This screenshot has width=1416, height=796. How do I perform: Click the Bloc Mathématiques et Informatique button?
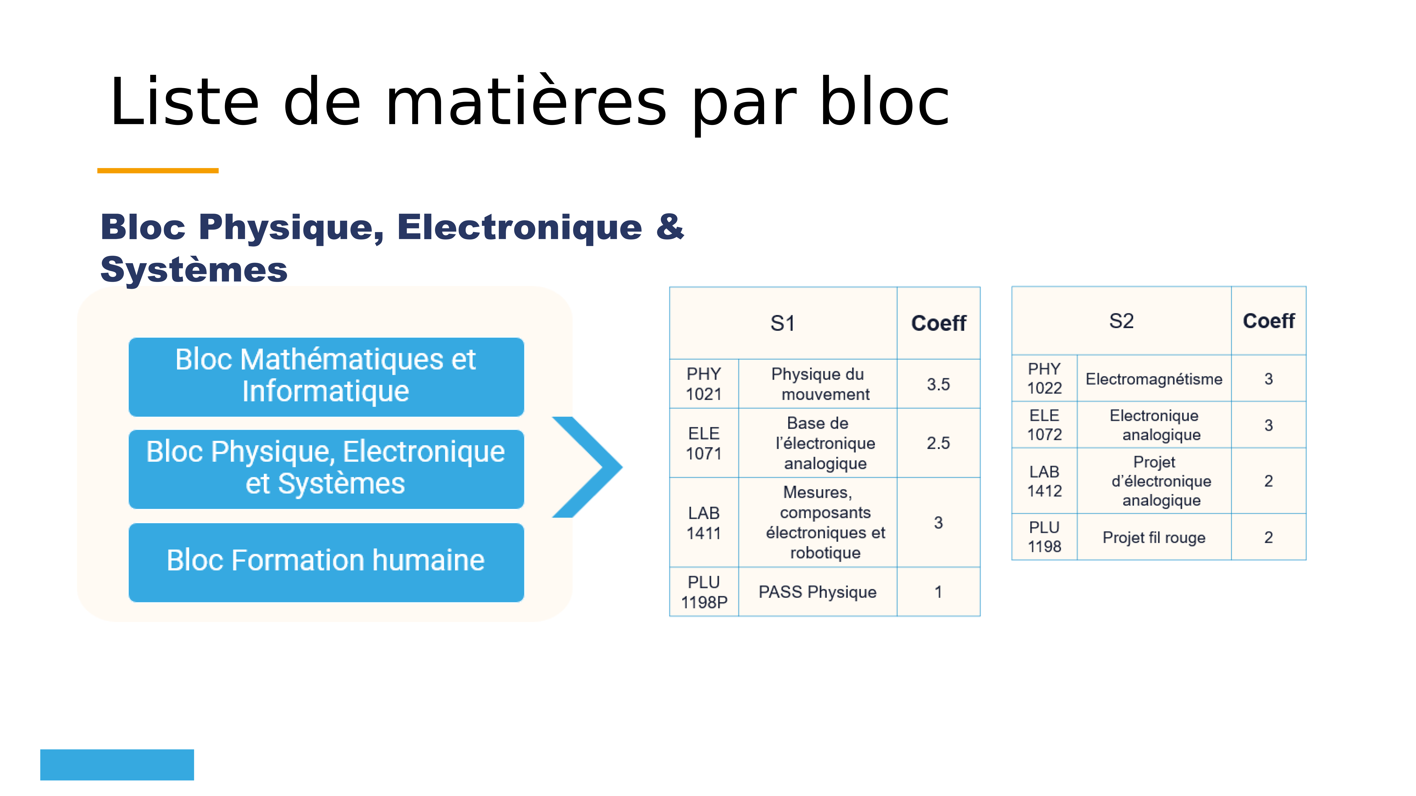tap(326, 377)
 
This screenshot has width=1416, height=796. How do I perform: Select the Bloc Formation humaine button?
tap(326, 562)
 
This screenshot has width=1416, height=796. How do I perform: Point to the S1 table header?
tap(783, 323)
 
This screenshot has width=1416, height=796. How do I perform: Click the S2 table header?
tap(1121, 321)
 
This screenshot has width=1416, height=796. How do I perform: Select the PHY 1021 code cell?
tap(704, 384)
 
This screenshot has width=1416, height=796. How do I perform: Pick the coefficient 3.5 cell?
tap(938, 384)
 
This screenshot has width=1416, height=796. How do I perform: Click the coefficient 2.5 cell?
tap(938, 443)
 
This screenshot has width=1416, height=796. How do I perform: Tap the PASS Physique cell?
tap(817, 592)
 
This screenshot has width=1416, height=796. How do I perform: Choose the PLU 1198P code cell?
tap(704, 592)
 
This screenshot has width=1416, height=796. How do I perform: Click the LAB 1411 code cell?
tap(704, 522)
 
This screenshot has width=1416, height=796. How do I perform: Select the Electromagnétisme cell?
tap(1154, 379)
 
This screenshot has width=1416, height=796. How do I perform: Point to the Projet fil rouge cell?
tap(1154, 537)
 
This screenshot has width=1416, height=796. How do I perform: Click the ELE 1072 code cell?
tap(1044, 425)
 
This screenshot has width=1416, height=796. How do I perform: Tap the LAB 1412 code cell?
tap(1044, 481)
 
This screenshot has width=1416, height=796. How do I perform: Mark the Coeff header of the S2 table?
tap(1269, 321)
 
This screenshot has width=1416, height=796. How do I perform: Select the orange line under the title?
tap(158, 171)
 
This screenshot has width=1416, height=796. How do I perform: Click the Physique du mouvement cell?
tap(817, 384)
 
